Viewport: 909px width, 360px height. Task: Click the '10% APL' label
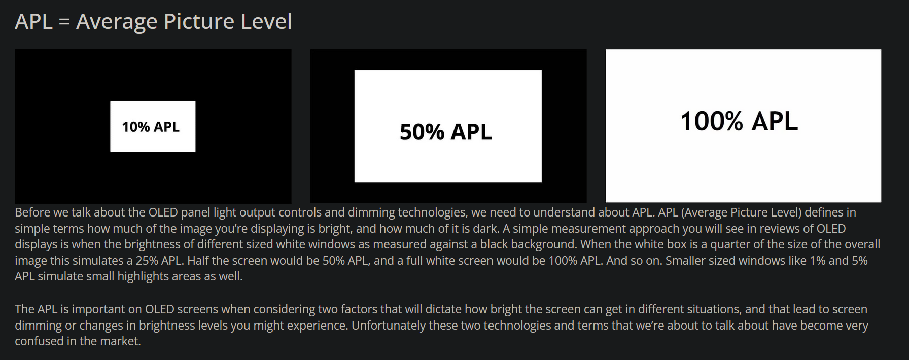151,127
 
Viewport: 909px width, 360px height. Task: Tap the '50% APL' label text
446,132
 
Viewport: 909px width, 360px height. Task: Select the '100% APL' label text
739,121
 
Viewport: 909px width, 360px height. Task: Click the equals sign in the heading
64,22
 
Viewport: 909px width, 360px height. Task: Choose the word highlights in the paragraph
143,276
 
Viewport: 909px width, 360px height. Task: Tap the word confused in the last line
39,341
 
